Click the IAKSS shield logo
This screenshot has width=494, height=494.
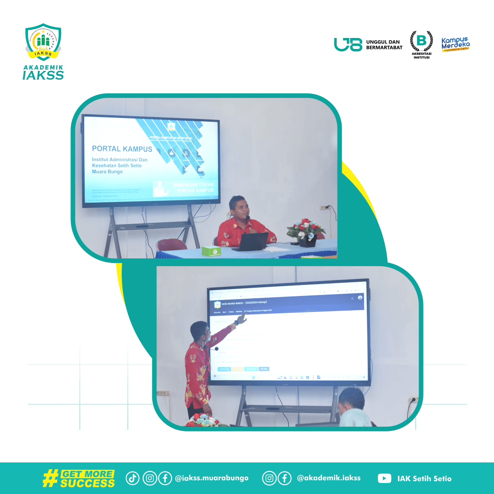(43, 42)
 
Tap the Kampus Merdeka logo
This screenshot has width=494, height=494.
(455, 44)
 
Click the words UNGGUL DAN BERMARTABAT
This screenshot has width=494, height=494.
(383, 44)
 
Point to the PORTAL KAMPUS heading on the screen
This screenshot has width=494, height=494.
(122, 149)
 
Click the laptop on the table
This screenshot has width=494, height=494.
(251, 242)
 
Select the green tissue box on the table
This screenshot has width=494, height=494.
(211, 250)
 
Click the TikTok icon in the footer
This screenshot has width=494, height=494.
(133, 478)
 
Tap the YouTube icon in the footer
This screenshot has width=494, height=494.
(384, 478)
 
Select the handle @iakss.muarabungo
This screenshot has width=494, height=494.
(211, 478)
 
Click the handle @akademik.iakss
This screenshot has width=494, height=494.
(328, 478)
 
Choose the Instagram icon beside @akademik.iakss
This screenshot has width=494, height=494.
(269, 478)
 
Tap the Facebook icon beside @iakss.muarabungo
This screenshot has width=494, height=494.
(165, 478)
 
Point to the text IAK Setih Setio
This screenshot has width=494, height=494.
(424, 478)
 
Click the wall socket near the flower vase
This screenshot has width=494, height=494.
(324, 207)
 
